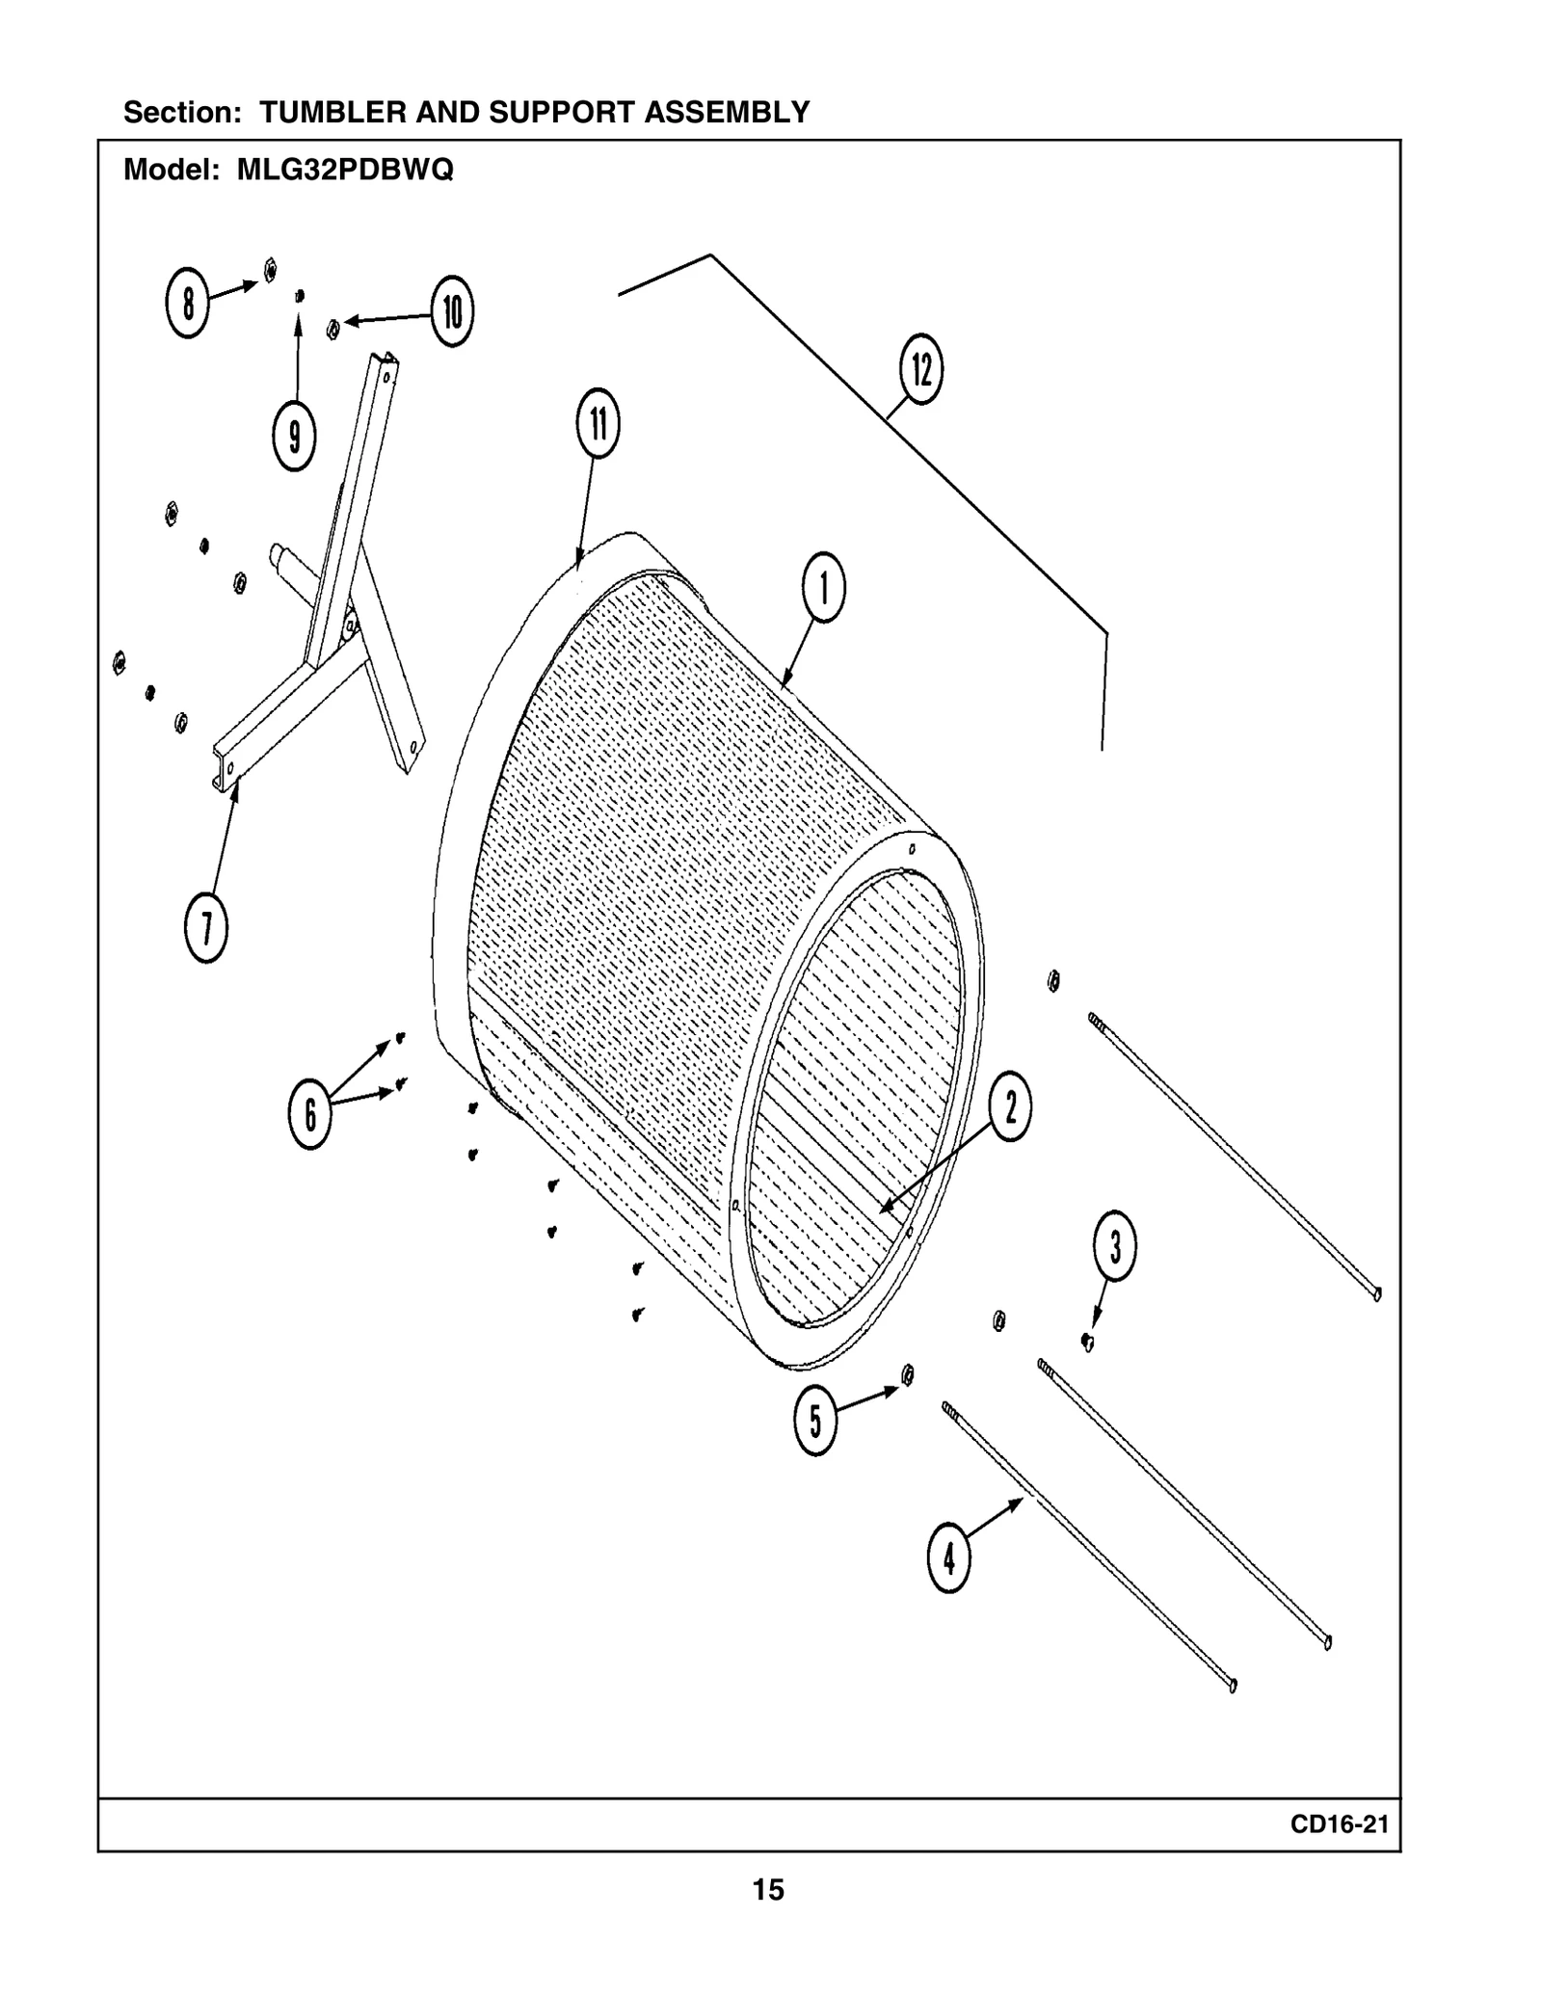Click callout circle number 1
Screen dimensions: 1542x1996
824,587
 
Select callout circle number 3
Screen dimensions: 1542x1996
1115,1246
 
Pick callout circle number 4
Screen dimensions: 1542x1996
949,1557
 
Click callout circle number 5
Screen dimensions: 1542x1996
815,1421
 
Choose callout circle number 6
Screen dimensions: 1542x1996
310,1114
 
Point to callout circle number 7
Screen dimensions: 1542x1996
206,928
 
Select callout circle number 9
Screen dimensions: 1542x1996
295,436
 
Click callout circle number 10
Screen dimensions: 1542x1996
452,311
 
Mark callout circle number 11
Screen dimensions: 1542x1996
598,423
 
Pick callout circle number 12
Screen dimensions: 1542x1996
921,369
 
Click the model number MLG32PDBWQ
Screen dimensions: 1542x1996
345,171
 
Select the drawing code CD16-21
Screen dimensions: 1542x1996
1340,1824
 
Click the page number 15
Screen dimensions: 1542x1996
768,1890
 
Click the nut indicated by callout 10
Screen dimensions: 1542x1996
333,330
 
